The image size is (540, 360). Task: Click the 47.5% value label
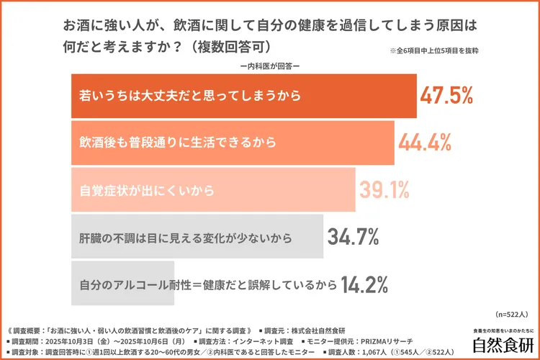[446, 95]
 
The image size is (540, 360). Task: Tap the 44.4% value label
[425, 143]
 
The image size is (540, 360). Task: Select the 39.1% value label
[384, 190]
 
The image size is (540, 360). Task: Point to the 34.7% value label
[354, 237]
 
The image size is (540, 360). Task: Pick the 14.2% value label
[366, 284]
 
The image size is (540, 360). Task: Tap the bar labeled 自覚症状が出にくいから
[213, 190]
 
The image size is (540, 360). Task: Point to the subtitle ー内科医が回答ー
[269, 67]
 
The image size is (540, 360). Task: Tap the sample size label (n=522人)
[512, 315]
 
